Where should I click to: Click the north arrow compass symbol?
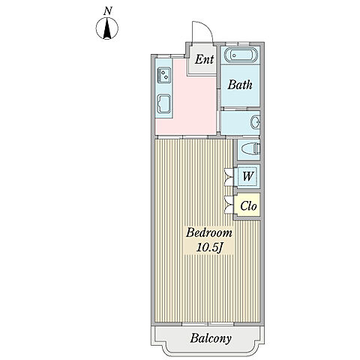107,28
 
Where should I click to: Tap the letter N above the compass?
108,10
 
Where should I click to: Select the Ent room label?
204,59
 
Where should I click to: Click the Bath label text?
240,85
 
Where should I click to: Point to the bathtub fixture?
241,55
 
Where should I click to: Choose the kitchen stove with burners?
163,75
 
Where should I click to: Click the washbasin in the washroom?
256,122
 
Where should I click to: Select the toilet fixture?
251,149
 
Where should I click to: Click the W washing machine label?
248,176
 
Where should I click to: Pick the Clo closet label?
248,206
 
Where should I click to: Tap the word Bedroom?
209,232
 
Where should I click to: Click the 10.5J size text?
209,247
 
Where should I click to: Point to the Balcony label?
211,338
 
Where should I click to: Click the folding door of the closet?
229,205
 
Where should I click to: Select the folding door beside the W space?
229,177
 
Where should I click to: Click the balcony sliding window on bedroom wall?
208,324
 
